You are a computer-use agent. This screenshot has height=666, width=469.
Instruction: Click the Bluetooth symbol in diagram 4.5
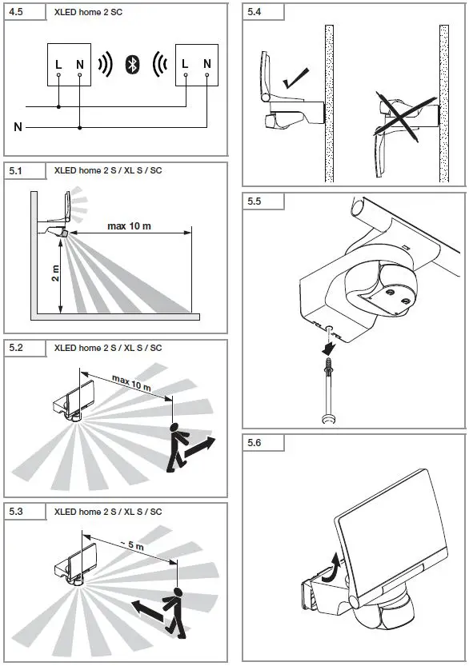(x=133, y=65)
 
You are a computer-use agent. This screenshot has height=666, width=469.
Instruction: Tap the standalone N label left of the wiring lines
(x=18, y=126)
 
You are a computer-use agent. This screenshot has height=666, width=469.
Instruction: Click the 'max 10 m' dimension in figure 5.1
(x=129, y=226)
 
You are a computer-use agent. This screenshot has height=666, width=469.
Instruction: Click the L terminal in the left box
(x=58, y=63)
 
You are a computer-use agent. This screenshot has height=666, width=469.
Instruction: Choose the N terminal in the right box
(x=206, y=63)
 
